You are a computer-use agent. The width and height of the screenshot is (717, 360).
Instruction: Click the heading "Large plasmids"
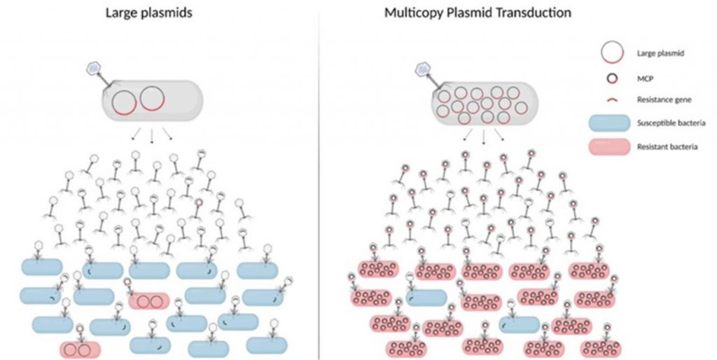148,13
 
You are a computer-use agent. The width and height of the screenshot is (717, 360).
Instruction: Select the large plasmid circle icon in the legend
612,53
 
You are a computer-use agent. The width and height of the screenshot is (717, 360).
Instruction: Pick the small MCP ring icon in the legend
612,78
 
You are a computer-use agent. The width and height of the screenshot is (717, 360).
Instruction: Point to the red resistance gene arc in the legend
612,99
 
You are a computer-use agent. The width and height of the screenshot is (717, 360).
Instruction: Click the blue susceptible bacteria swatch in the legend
610,123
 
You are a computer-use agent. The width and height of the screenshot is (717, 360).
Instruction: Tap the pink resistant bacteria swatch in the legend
610,147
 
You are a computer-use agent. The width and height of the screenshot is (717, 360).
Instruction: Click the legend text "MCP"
645,78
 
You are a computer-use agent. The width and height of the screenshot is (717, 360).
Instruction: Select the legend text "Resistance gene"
664,99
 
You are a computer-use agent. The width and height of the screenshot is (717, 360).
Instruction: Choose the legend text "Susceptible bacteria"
671,123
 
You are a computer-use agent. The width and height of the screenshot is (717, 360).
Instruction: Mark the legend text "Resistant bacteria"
667,147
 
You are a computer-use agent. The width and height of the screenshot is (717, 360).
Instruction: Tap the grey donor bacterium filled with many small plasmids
485,104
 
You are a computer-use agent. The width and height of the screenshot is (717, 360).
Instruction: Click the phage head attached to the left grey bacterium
93,69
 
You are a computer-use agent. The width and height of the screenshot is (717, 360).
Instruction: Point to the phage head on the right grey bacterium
422,69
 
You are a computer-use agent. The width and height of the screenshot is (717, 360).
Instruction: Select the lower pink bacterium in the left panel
80,350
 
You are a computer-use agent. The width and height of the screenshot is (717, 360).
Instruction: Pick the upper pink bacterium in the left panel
149,301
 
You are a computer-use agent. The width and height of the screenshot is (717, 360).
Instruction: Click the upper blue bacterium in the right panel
426,298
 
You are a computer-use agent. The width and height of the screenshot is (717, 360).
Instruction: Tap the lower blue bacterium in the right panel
520,325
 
